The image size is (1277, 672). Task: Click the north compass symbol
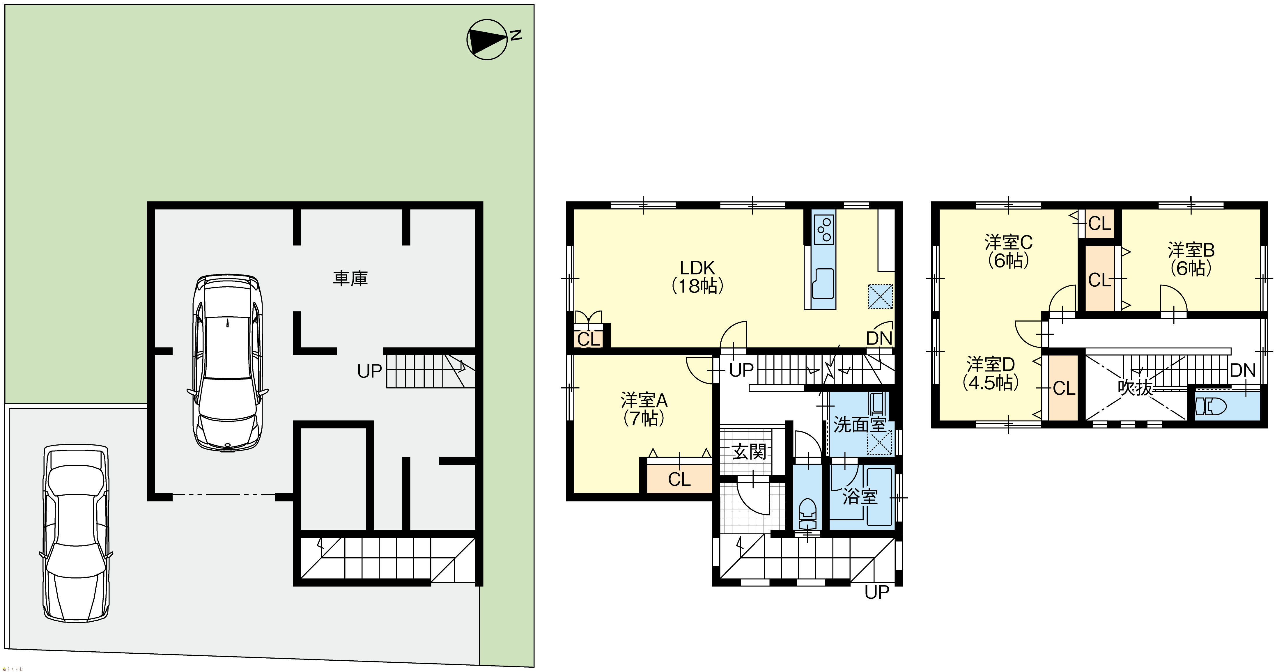click(x=488, y=40)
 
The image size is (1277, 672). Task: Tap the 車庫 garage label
click(x=350, y=279)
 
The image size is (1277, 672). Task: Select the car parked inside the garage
click(x=228, y=363)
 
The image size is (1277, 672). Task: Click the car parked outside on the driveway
click(x=76, y=533)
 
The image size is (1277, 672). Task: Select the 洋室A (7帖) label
click(x=644, y=409)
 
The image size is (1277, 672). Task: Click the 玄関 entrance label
click(x=749, y=451)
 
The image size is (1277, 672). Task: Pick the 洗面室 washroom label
click(x=860, y=424)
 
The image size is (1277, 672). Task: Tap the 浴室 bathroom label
click(x=860, y=497)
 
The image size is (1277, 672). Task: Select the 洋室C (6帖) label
click(x=1008, y=251)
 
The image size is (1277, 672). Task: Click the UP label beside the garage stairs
click(x=369, y=371)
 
